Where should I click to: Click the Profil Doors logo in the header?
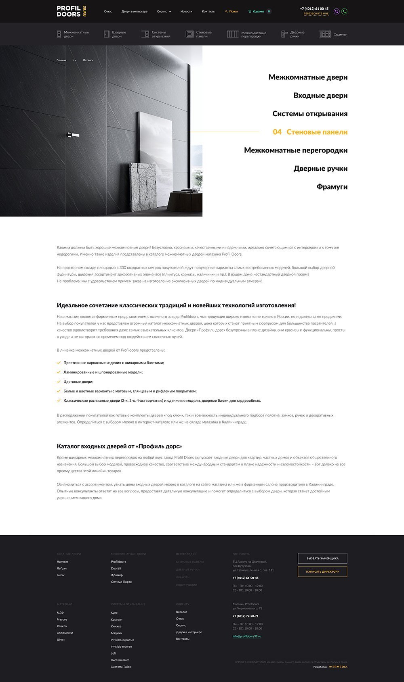(x=72, y=11)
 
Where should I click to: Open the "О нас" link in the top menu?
(x=108, y=12)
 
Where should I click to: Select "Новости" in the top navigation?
(x=186, y=12)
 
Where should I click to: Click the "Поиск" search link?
(x=232, y=12)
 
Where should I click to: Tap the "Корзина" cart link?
(x=259, y=12)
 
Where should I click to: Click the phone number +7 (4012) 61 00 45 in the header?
(x=314, y=8)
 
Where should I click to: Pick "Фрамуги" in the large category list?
(x=332, y=187)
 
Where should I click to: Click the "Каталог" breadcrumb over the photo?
(x=88, y=60)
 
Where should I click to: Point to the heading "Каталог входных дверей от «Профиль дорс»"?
(x=119, y=446)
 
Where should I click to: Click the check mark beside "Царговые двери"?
(x=59, y=382)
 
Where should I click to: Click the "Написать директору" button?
(x=322, y=571)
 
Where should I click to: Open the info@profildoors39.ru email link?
(x=247, y=636)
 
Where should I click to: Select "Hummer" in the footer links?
(x=63, y=562)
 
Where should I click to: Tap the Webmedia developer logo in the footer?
(x=338, y=667)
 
